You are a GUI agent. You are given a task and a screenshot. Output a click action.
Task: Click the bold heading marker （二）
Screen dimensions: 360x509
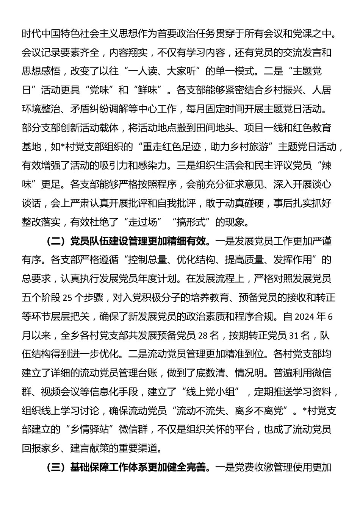click(x=56, y=241)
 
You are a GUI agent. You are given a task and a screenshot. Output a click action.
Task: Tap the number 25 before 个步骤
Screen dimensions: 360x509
click(x=67, y=298)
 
